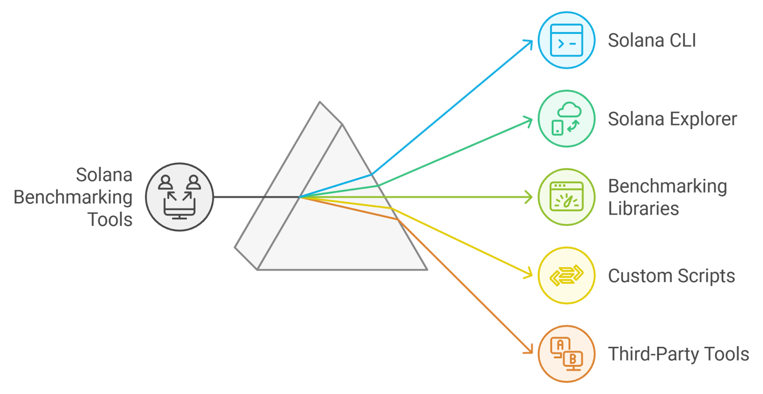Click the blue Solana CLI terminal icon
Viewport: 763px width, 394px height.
tap(567, 40)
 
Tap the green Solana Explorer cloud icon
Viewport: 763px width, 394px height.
tap(567, 119)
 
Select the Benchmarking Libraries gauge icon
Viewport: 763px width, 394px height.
tap(567, 197)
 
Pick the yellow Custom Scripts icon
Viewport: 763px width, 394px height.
tap(567, 275)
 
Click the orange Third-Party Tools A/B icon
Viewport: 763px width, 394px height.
tap(567, 354)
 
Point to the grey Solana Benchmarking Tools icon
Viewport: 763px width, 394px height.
tap(179, 197)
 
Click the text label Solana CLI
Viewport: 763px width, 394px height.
tap(652, 40)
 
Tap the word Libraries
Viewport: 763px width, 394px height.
tap(643, 209)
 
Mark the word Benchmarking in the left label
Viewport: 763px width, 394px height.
tap(73, 197)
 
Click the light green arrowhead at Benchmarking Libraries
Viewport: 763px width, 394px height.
tap(530, 197)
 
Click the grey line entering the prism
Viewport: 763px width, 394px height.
tap(238, 197)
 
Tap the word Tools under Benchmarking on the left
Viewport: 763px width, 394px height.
tap(110, 220)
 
